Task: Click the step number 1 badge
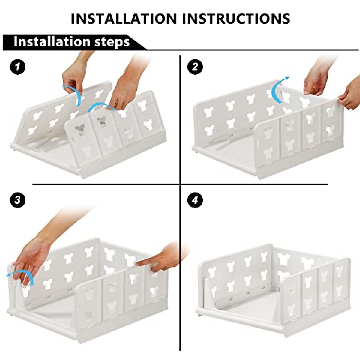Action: coord(18,67)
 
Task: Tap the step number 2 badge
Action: coord(195,67)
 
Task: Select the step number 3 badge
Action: coord(18,199)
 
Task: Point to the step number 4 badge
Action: coord(195,199)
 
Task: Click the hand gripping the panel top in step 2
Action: coord(315,79)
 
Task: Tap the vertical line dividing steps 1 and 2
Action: coord(180,120)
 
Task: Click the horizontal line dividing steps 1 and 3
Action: coord(105,184)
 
